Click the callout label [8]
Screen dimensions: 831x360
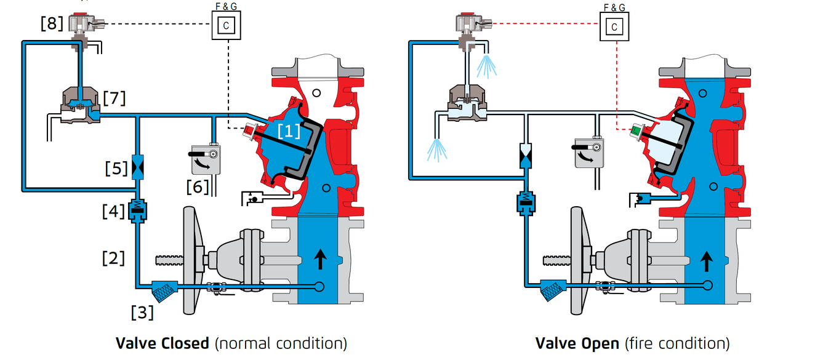coord(52,23)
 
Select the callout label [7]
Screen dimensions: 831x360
coord(114,98)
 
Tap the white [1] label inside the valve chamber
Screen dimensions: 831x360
coord(289,131)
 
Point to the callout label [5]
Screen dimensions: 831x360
coord(116,169)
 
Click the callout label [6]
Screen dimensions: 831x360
coord(198,187)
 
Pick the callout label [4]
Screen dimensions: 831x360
coord(113,212)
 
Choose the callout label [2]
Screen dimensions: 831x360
coord(113,258)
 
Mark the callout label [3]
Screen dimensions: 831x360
coord(142,313)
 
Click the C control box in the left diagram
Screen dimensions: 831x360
coord(227,25)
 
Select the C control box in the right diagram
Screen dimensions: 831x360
coord(614,26)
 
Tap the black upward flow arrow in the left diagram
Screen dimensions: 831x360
coord(320,259)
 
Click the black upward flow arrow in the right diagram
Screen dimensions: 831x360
coord(707,262)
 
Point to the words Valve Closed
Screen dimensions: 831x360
coord(163,343)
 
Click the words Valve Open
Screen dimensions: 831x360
coord(577,343)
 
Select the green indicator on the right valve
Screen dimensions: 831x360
coord(636,130)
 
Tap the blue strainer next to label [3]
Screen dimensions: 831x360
coord(165,292)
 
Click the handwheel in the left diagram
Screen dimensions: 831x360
coord(193,260)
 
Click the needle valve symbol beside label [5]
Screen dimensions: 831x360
coord(138,167)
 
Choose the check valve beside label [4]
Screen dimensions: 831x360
coord(137,211)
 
